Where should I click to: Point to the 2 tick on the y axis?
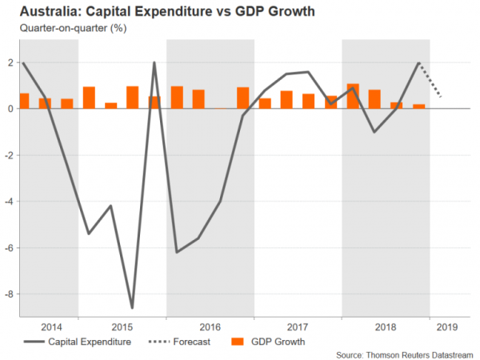(9, 62)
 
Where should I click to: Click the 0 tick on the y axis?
(9, 109)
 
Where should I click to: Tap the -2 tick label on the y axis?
(7, 155)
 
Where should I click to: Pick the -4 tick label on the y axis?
(7, 202)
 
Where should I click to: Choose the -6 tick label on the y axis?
(7, 248)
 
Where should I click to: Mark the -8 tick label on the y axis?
(7, 294)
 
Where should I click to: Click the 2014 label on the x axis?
(50, 327)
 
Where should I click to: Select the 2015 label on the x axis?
(122, 327)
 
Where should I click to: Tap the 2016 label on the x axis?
(210, 327)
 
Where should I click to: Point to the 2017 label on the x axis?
(298, 327)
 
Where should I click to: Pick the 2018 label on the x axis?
(386, 327)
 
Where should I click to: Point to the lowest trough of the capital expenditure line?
(132, 308)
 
